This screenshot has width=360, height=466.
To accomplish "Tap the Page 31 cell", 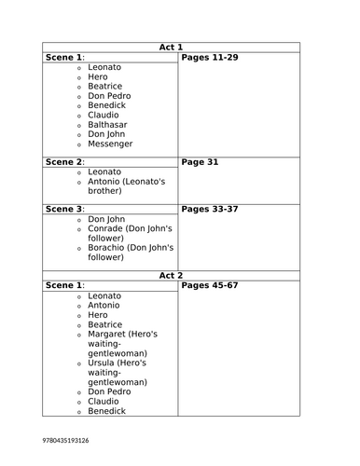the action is point(200,161).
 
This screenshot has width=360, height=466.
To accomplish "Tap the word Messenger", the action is point(110,144).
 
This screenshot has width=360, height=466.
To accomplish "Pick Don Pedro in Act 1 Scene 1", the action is point(109,95).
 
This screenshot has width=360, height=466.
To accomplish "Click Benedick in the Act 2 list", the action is point(107,410).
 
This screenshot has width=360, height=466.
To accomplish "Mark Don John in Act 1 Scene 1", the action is point(107,133).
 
